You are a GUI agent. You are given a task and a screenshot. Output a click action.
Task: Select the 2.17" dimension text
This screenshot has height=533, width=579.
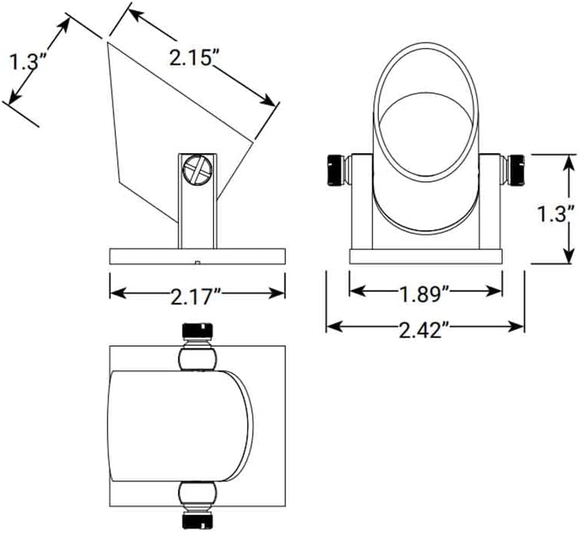click(x=197, y=295)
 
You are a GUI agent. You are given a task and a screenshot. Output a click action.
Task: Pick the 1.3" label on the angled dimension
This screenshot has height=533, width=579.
click(x=24, y=61)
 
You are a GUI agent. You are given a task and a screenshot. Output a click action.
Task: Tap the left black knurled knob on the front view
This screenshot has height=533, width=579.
click(x=335, y=170)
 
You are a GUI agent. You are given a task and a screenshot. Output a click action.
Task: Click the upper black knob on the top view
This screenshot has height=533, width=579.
click(x=198, y=333)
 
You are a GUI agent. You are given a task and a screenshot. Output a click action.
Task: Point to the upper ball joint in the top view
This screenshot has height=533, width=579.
click(x=198, y=357)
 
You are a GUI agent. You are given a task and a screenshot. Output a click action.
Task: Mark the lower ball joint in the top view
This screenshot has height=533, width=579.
click(x=198, y=496)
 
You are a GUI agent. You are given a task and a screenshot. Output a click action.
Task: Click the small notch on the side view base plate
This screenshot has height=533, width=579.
click(x=196, y=262)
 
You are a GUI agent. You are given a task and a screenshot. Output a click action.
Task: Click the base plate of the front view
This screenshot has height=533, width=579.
click(x=425, y=256)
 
